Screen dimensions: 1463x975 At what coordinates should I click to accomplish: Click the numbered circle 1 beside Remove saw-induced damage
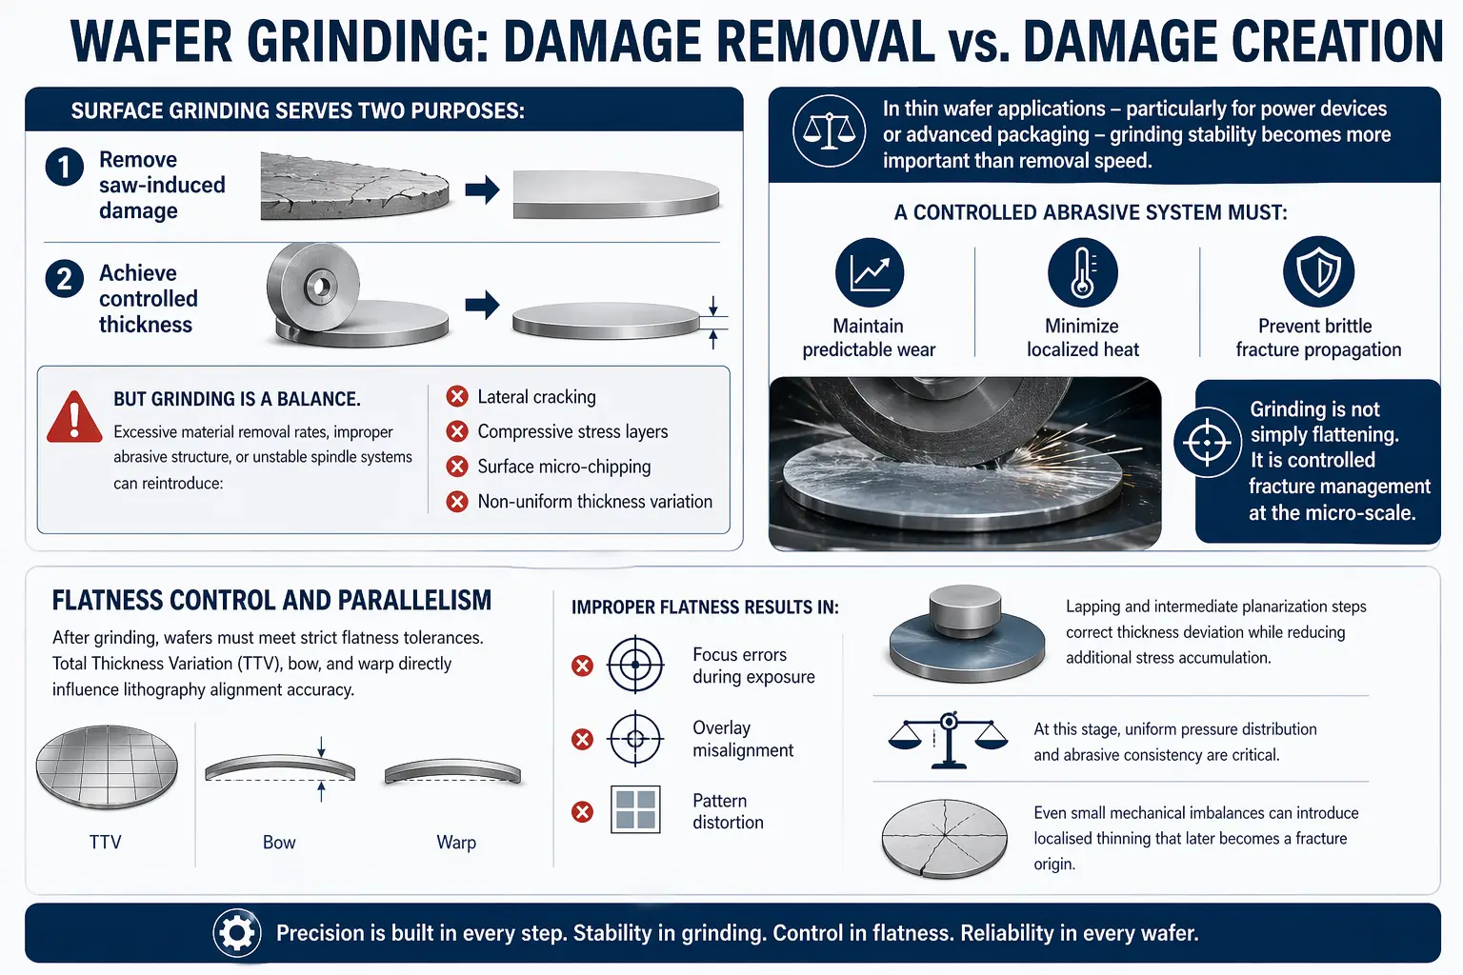point(64,167)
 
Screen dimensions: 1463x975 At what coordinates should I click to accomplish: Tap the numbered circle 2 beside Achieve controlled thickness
point(64,279)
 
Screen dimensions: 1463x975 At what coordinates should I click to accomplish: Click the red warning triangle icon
point(74,417)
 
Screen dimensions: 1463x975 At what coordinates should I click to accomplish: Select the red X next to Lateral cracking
point(457,396)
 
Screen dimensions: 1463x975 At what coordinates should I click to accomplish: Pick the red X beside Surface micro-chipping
point(457,467)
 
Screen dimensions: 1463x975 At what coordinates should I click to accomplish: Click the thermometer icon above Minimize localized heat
point(1082,272)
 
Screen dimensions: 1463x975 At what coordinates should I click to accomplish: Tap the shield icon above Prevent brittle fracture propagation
point(1318,271)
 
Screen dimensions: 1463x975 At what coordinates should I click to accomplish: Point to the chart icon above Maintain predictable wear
point(870,272)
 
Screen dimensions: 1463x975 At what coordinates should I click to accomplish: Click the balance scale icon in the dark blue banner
point(829,130)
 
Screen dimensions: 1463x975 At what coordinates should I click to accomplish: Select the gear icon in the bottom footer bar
point(236,933)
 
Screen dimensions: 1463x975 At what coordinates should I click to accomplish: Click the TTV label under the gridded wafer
point(105,842)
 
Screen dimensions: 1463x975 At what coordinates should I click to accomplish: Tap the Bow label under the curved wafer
point(279,842)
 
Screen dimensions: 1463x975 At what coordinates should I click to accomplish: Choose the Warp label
point(456,843)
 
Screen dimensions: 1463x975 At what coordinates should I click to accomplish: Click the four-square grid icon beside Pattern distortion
point(635,809)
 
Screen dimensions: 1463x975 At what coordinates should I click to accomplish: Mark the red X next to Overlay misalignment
point(582,739)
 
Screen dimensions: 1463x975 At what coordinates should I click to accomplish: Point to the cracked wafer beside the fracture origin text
point(945,839)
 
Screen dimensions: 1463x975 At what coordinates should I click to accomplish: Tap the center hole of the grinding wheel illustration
point(321,286)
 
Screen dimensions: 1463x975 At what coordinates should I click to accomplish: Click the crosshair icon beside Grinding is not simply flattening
point(1207,442)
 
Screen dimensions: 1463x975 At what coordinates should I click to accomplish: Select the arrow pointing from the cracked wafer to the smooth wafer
point(482,190)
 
